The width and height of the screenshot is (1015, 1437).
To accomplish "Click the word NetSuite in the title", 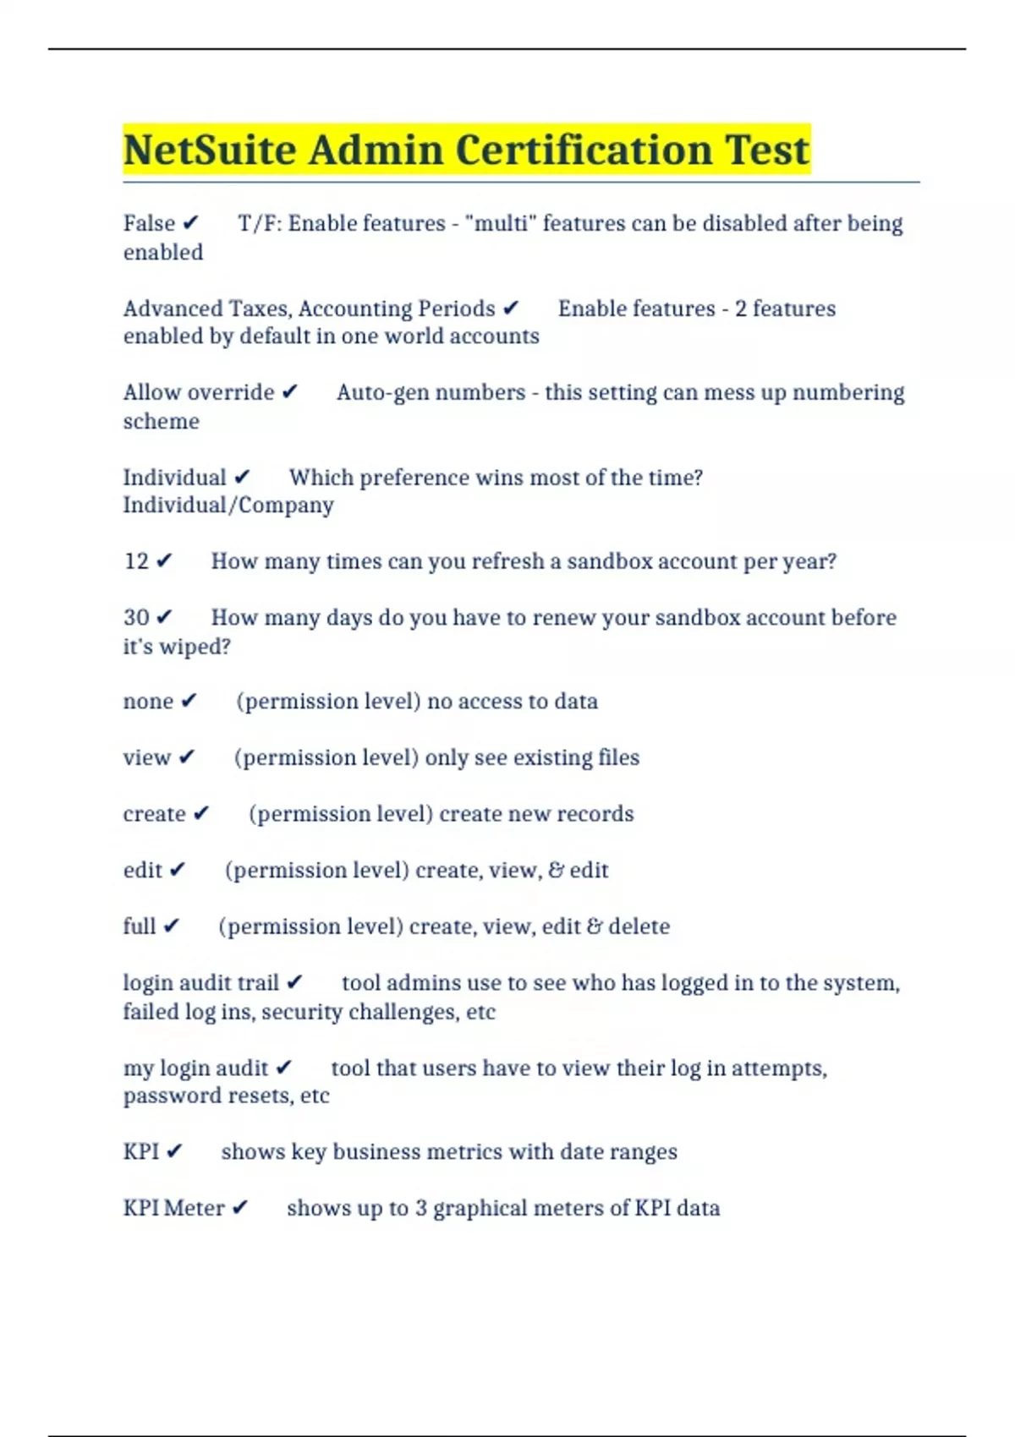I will [210, 150].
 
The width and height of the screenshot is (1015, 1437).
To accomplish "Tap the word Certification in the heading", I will [584, 150].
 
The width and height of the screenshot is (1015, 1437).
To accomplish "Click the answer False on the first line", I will [149, 223].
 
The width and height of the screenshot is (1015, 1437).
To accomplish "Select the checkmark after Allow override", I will [289, 392].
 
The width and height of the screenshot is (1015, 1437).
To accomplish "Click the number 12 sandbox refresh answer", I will [136, 561].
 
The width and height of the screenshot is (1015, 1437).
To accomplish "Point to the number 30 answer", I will [136, 618].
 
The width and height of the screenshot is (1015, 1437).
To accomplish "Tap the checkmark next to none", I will [189, 702].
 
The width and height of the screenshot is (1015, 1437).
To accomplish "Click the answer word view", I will [147, 757].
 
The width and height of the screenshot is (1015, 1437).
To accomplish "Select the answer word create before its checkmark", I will [154, 814].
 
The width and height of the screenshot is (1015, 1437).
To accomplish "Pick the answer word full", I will [140, 926].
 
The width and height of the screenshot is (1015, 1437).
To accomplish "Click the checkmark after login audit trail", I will [294, 983].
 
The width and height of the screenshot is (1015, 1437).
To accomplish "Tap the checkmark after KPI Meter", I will [240, 1208].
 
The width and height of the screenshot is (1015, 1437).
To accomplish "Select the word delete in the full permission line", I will [639, 926].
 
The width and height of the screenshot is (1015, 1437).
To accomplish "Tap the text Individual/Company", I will [228, 505].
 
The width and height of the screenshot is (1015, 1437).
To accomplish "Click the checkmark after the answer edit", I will [177, 871].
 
